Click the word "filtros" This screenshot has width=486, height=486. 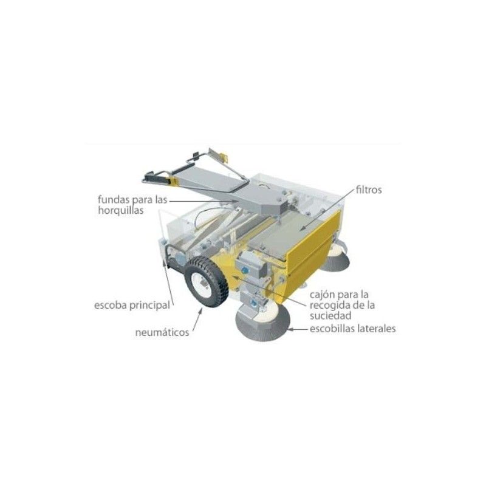[x=369, y=190]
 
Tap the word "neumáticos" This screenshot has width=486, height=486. [x=162, y=332]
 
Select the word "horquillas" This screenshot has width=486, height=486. [x=121, y=210]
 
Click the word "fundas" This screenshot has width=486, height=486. [x=114, y=199]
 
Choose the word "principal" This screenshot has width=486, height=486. [x=149, y=306]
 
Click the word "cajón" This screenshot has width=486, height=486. [x=323, y=295]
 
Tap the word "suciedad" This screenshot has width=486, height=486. [x=330, y=315]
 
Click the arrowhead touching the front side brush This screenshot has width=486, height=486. [x=292, y=329]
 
